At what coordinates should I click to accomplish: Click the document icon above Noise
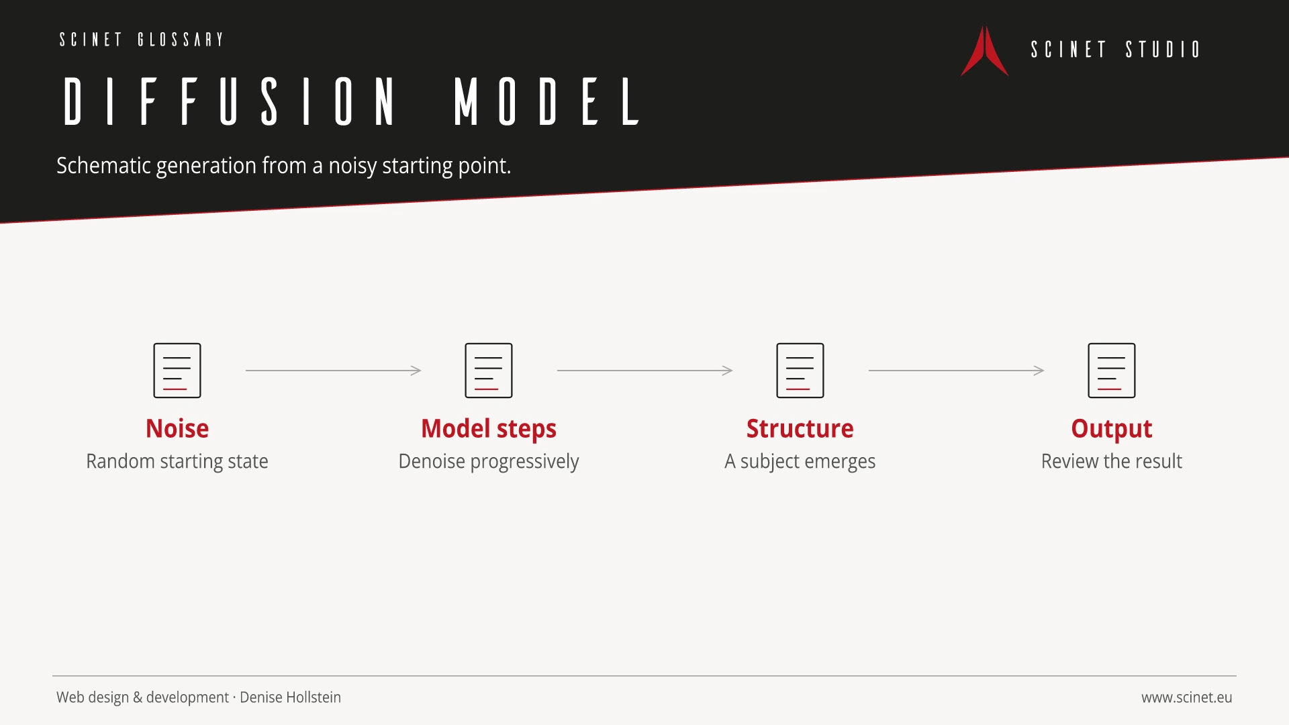tap(177, 371)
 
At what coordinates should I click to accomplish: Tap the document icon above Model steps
tap(489, 371)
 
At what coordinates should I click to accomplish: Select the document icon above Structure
tap(800, 371)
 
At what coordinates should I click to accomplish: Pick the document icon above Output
tap(1112, 371)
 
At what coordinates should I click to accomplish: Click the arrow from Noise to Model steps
tap(333, 371)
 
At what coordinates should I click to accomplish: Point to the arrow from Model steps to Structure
tap(644, 371)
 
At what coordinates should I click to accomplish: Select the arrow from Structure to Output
tap(956, 371)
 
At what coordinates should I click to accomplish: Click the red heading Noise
tap(177, 429)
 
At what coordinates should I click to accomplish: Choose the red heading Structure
tap(800, 429)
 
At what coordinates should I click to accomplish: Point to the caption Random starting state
tap(177, 462)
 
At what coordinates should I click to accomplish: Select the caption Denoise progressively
tap(489, 462)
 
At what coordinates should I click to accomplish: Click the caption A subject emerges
tap(800, 462)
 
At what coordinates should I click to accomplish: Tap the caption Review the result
tap(1112, 461)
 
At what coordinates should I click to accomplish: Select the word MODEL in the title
tap(547, 101)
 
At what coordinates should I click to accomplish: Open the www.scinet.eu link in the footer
tap(1187, 697)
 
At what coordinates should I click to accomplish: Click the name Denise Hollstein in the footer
tap(290, 697)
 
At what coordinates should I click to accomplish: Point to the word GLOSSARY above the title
tap(181, 40)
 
